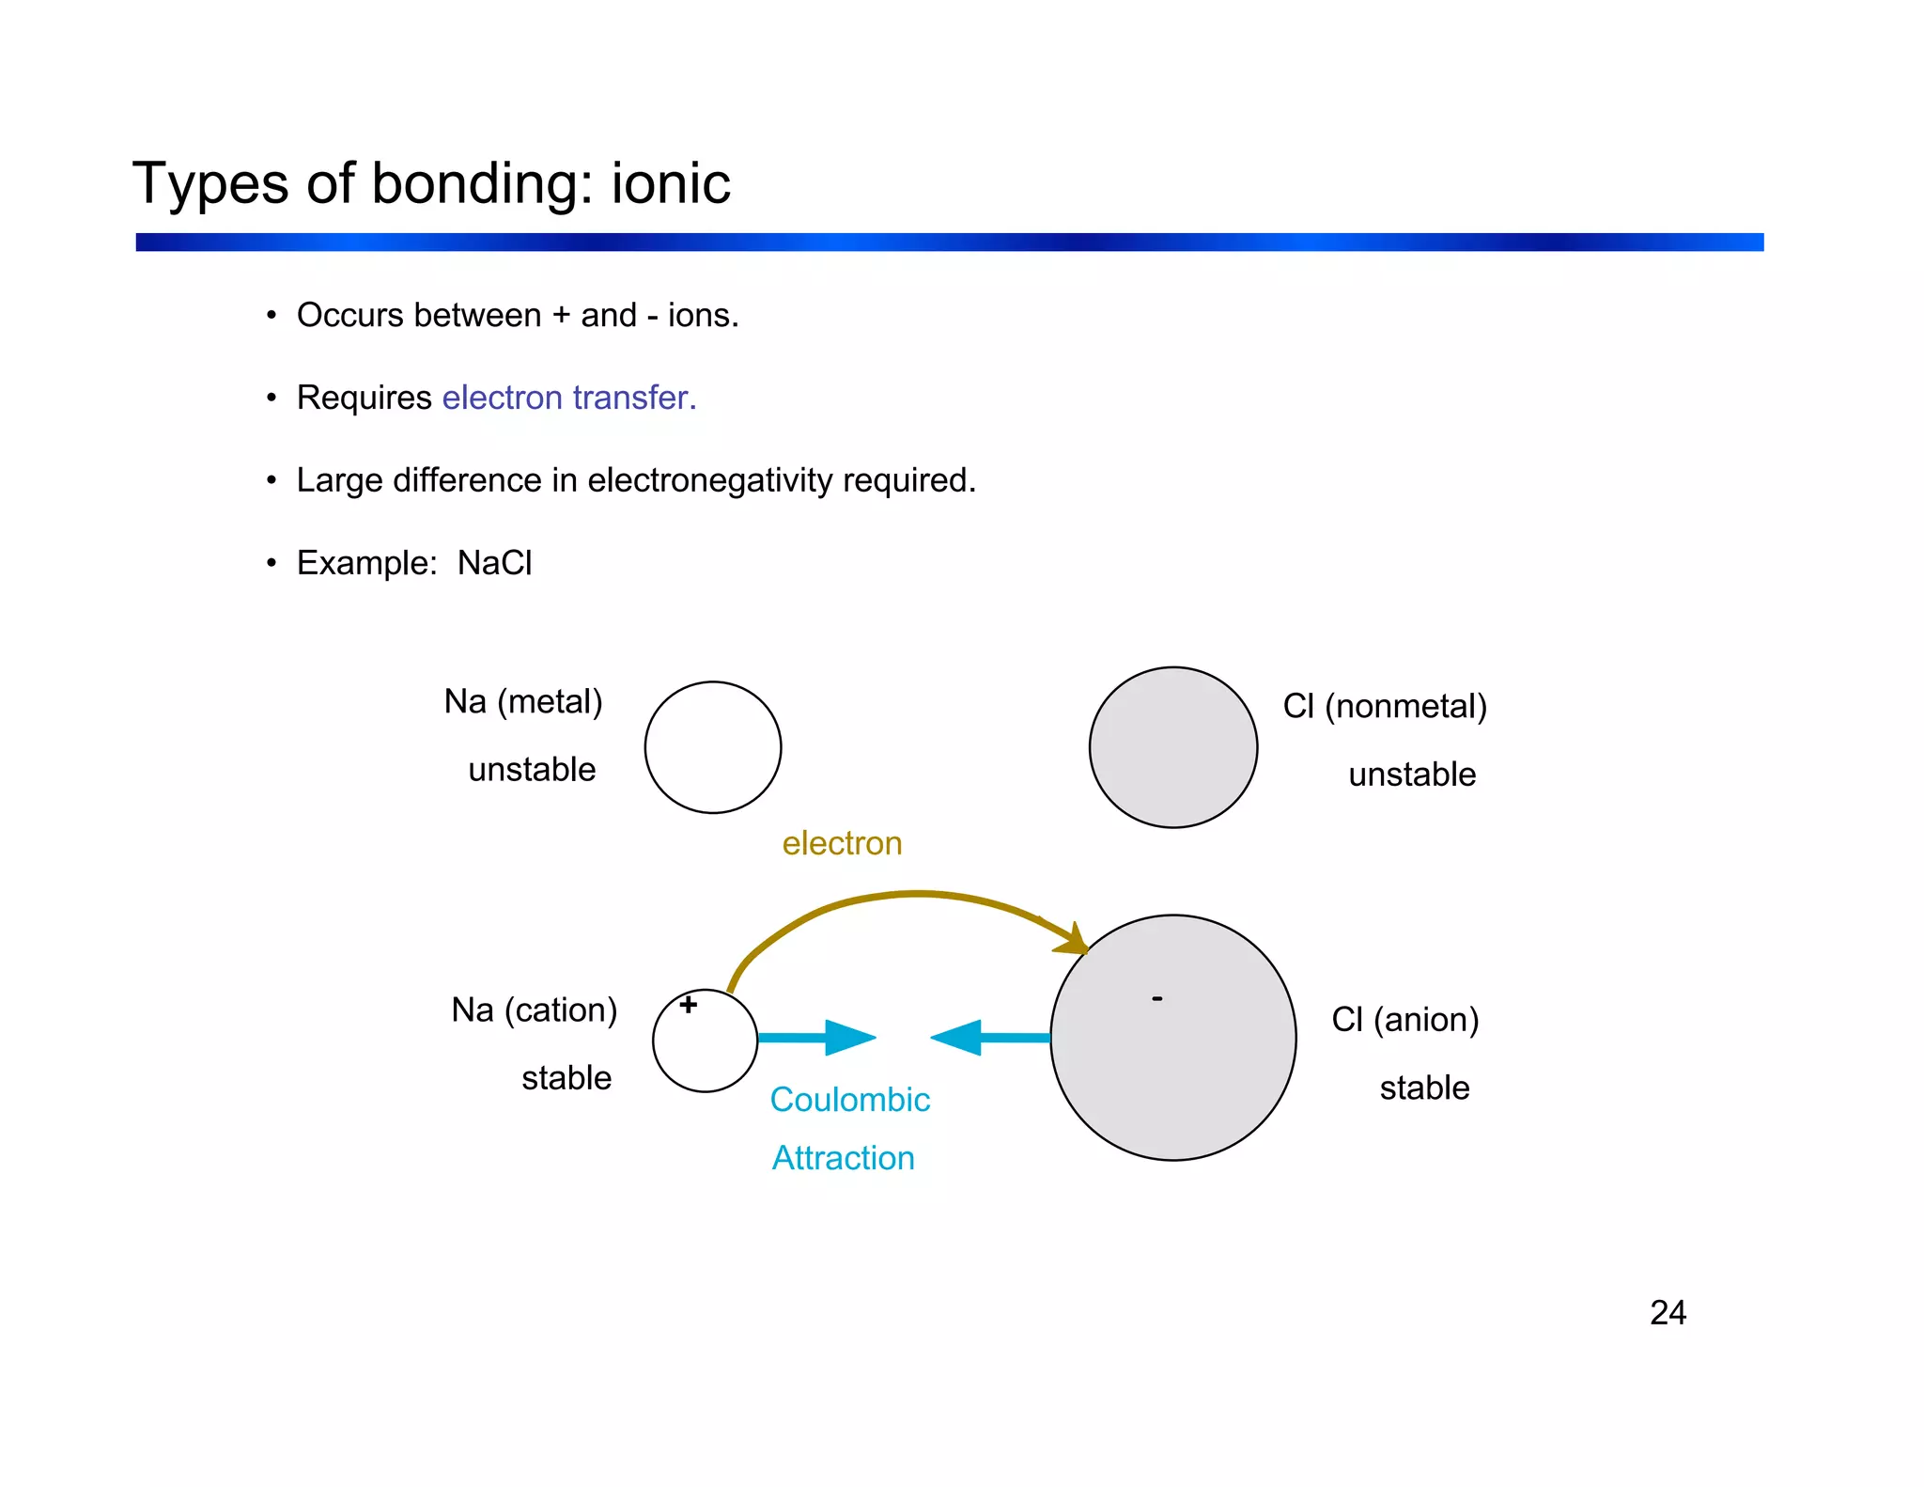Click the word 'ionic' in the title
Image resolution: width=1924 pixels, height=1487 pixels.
click(x=670, y=183)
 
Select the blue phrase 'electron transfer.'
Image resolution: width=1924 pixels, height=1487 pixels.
click(x=568, y=398)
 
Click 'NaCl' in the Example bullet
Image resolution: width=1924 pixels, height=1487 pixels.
click(x=494, y=563)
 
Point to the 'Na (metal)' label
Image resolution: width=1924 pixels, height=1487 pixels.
click(x=522, y=702)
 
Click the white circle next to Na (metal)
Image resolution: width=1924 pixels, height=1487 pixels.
click(x=712, y=747)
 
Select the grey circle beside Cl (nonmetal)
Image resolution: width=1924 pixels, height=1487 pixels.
click(x=1172, y=747)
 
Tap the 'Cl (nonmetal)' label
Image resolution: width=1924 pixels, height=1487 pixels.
click(x=1384, y=706)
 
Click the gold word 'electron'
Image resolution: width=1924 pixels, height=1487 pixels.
click(x=842, y=843)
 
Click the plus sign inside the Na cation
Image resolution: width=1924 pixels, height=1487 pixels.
click(x=689, y=1005)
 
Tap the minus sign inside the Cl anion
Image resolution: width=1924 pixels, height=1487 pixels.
click(x=1157, y=998)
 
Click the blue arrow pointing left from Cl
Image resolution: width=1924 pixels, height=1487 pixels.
click(x=988, y=1038)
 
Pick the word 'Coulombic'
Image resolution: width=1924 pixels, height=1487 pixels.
click(x=849, y=1100)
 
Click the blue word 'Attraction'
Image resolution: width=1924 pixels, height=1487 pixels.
click(x=843, y=1158)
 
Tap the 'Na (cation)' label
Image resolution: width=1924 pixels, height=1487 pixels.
click(x=534, y=1010)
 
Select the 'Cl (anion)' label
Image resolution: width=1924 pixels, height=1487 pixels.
click(x=1404, y=1020)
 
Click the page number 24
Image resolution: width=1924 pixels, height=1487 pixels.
click(x=1668, y=1313)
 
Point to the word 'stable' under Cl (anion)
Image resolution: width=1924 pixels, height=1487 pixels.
click(x=1424, y=1088)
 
